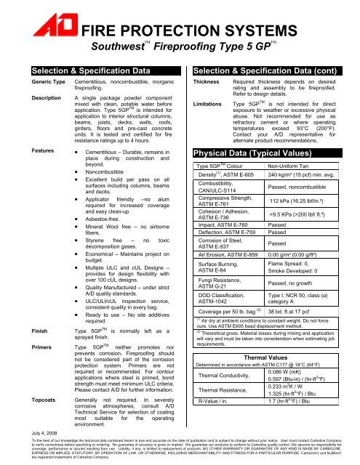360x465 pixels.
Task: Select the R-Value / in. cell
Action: (x=219, y=440)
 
